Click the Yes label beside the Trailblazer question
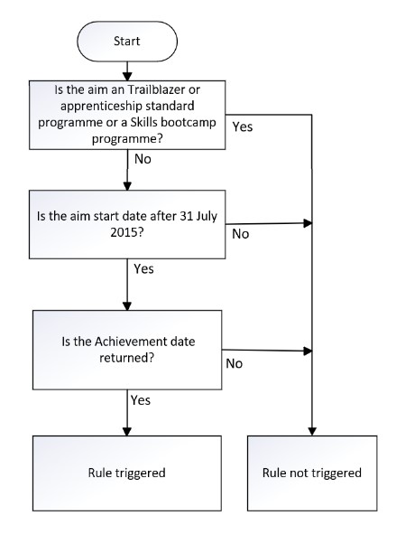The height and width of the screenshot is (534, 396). click(x=243, y=126)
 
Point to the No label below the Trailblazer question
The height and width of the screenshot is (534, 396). click(x=143, y=159)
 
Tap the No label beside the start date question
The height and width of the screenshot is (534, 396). click(x=240, y=234)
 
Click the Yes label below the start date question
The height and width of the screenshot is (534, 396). click(x=143, y=268)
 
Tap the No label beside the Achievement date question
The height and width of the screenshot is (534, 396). click(x=235, y=363)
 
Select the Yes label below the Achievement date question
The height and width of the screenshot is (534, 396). click(x=141, y=400)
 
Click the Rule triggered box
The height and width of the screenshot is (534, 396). click(x=127, y=473)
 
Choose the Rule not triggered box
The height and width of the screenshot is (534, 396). click(x=312, y=473)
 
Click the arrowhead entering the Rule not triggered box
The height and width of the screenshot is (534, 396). click(x=312, y=432)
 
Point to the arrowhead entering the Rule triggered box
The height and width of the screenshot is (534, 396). click(x=127, y=432)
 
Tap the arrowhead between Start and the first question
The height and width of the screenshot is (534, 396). click(x=127, y=77)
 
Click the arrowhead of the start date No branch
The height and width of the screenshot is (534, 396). click(x=308, y=223)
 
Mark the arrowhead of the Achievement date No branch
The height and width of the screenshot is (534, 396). click(x=308, y=351)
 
